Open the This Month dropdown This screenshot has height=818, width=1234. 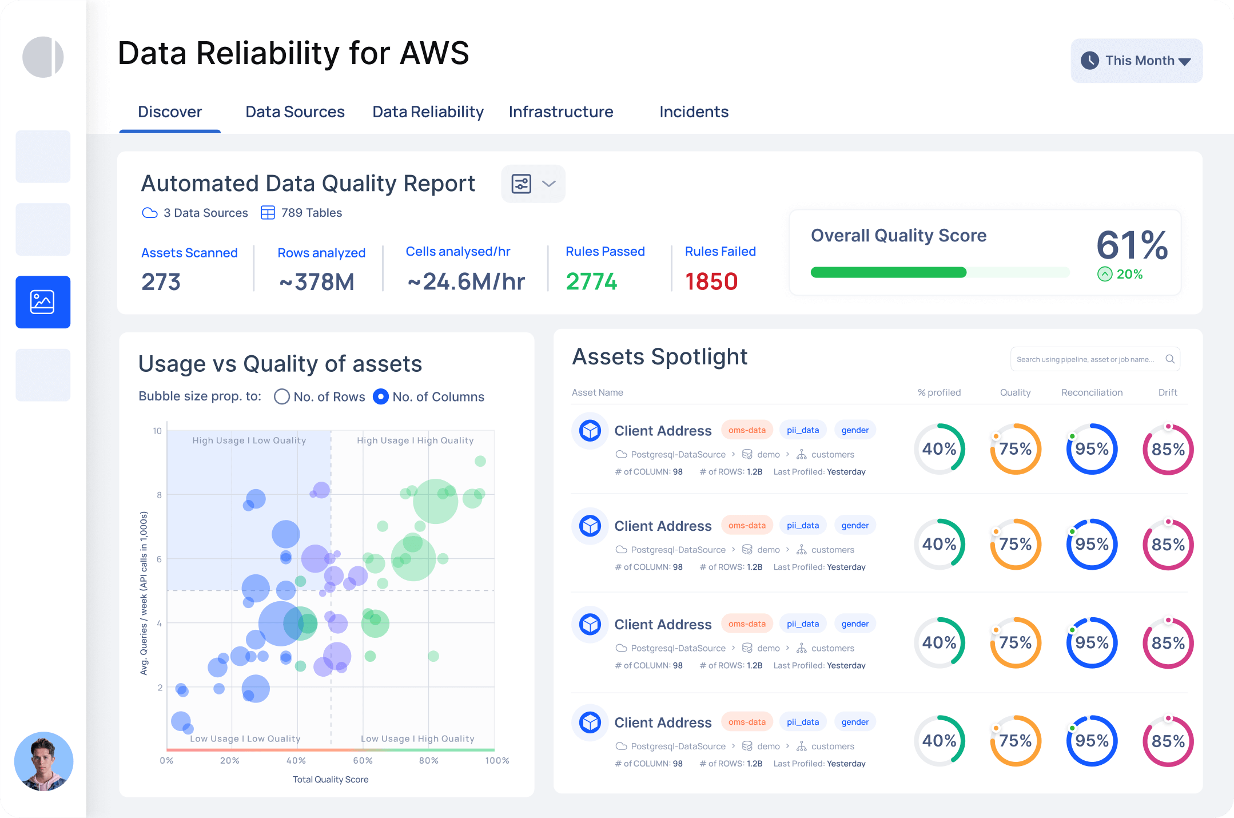[x=1136, y=61]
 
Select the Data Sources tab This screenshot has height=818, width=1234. [x=294, y=112]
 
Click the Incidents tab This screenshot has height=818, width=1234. [x=694, y=112]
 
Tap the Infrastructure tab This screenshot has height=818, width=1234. [x=560, y=112]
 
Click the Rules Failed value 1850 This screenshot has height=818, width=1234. [x=711, y=281]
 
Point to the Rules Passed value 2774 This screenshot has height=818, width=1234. [x=591, y=281]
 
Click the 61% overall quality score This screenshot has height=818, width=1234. [x=1132, y=245]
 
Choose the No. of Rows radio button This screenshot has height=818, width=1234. [x=282, y=396]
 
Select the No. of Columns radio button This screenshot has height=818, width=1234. [x=381, y=396]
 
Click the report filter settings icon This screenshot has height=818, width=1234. [x=522, y=184]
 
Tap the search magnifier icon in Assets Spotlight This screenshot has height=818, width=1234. [x=1170, y=359]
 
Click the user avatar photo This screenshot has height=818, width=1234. [x=43, y=761]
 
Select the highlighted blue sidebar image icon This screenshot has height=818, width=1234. [x=43, y=302]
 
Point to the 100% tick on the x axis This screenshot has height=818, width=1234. [x=497, y=760]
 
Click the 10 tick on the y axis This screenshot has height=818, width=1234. [x=157, y=431]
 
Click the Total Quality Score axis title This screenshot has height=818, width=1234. [x=331, y=779]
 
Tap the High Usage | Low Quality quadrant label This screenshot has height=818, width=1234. [x=249, y=440]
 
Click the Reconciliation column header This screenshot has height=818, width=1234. [x=1092, y=392]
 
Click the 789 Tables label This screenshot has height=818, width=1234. [x=311, y=213]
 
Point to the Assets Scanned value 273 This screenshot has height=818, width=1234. [x=161, y=282]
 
